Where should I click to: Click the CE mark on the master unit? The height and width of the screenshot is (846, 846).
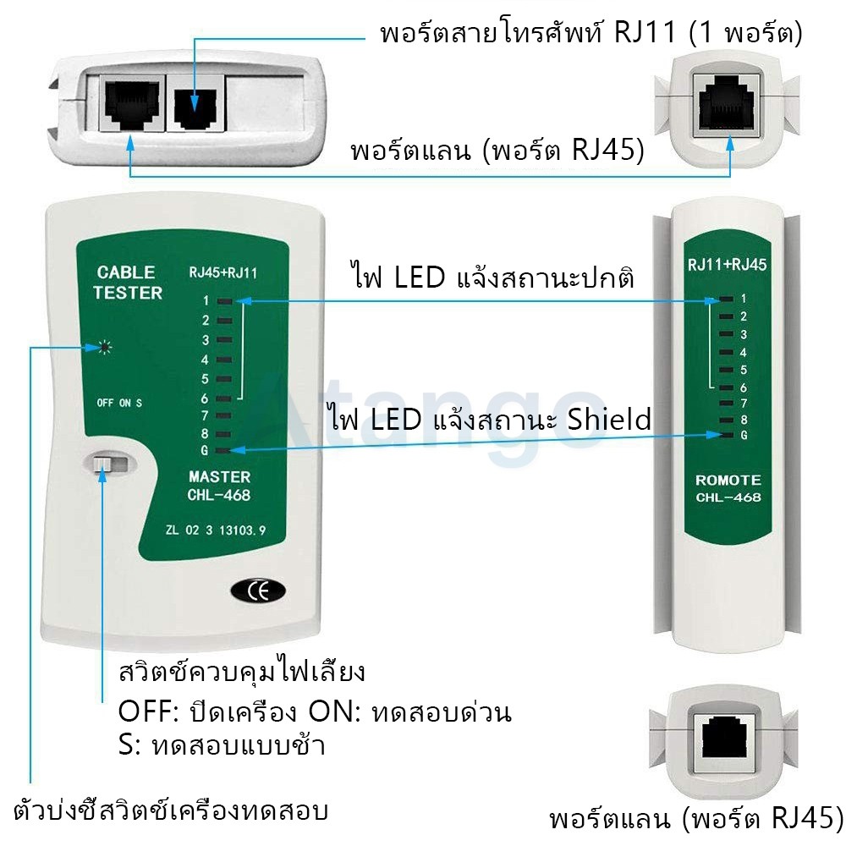pyautogui.click(x=258, y=591)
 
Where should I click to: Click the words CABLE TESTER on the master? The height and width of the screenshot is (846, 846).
pyautogui.click(x=128, y=283)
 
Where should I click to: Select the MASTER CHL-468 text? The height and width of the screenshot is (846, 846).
pyautogui.click(x=219, y=486)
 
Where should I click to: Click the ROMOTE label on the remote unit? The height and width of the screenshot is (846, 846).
pyautogui.click(x=728, y=481)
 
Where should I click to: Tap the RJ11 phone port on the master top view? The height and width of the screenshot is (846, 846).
pyautogui.click(x=195, y=102)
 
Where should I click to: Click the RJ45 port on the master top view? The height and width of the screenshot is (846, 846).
pyautogui.click(x=132, y=103)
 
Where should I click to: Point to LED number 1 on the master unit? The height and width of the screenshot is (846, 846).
pyautogui.click(x=224, y=301)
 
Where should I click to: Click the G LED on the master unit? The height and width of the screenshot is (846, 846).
pyautogui.click(x=223, y=450)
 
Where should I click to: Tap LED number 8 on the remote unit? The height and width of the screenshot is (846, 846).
pyautogui.click(x=726, y=420)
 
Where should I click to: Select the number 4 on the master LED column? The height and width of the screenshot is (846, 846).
pyautogui.click(x=205, y=360)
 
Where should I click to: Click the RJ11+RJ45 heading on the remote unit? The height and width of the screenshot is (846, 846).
pyautogui.click(x=727, y=264)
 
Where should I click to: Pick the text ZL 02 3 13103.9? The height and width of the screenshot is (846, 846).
pyautogui.click(x=216, y=530)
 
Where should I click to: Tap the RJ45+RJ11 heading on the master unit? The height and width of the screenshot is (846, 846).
pyautogui.click(x=222, y=272)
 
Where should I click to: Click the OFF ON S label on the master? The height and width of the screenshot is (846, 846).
pyautogui.click(x=119, y=403)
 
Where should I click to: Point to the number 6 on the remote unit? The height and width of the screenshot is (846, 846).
pyautogui.click(x=744, y=387)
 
